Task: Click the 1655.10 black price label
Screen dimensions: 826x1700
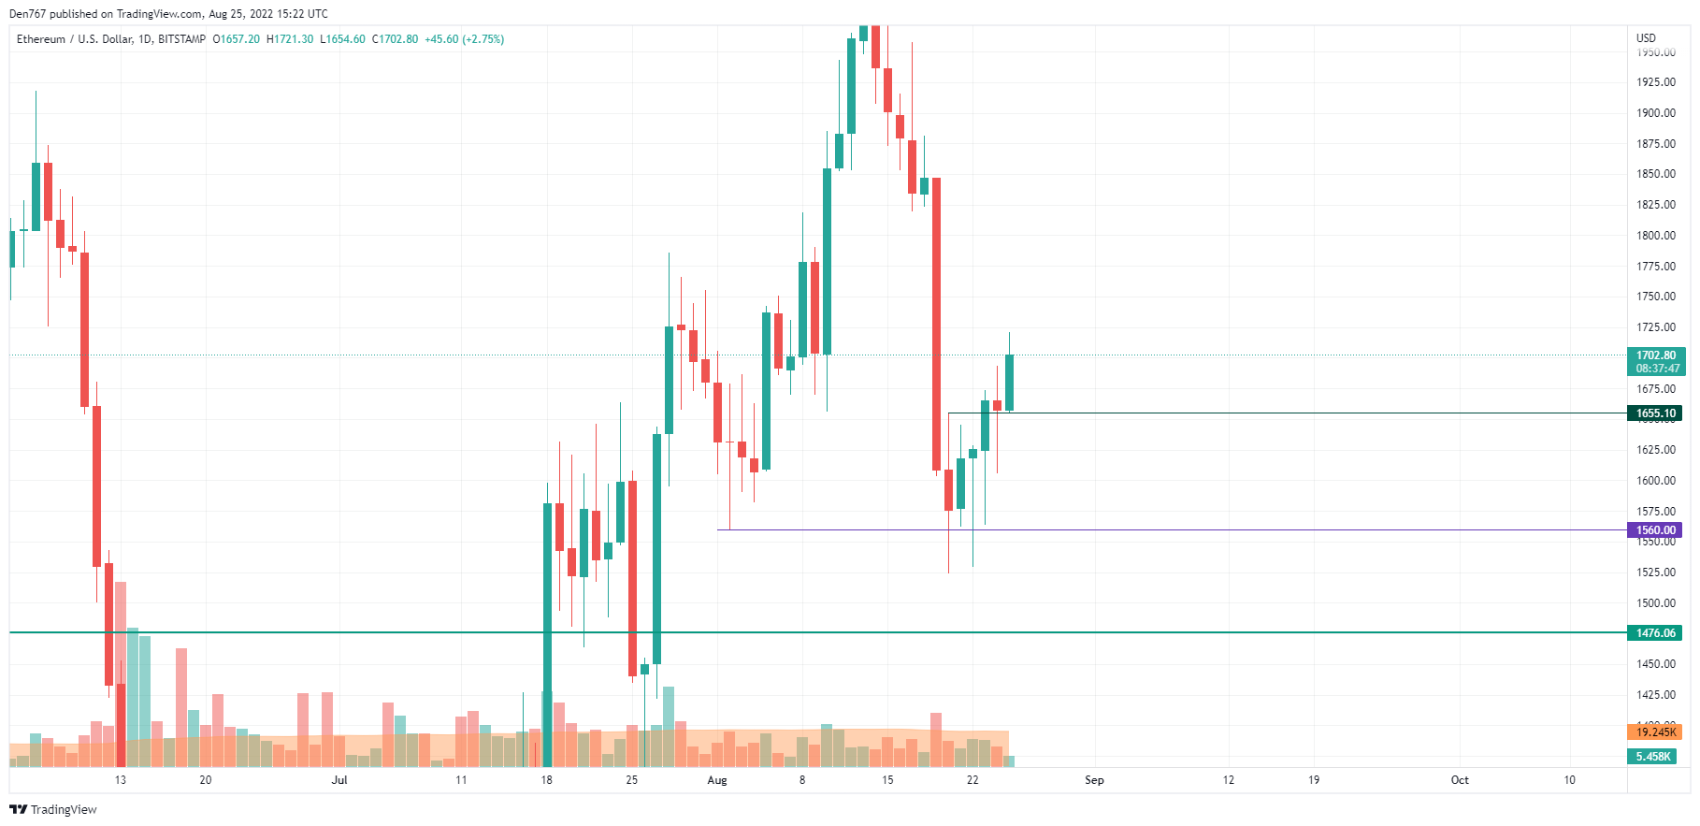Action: tap(1655, 413)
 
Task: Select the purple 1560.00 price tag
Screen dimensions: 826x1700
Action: tap(1655, 530)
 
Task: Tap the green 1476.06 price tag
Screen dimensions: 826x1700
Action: tap(1655, 633)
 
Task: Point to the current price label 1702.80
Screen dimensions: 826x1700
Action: tap(1655, 355)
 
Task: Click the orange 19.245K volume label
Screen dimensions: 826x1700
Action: tap(1655, 732)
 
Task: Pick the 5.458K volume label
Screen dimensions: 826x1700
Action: tap(1653, 757)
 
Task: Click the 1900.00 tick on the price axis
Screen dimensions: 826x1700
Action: tap(1655, 113)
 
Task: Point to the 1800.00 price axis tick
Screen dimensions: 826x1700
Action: tap(1655, 236)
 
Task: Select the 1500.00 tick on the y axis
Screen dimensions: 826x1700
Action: tap(1655, 603)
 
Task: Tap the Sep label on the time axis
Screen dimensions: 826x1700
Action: tap(1094, 780)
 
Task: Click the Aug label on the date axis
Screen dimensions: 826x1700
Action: tap(717, 780)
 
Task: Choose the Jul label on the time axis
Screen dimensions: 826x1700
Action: tap(339, 780)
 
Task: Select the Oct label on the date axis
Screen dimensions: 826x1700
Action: tap(1460, 780)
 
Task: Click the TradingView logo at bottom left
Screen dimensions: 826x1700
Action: tap(53, 810)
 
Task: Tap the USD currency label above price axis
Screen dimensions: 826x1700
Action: tap(1646, 38)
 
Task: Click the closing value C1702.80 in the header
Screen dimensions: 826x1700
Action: tap(395, 39)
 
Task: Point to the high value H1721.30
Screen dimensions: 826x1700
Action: tap(290, 39)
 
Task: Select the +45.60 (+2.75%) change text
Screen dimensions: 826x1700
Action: tap(465, 39)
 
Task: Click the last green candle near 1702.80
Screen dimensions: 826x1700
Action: tap(1010, 383)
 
